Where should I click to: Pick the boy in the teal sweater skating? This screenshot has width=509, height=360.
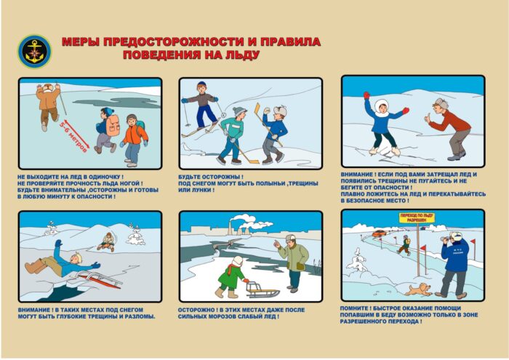pos(234,135)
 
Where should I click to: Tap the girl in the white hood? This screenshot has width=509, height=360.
pos(382,120)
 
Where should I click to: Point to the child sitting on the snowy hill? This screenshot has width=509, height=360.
pos(108,242)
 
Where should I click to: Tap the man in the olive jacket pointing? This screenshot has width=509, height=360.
pos(294,260)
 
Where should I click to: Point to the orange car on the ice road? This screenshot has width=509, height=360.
pos(379,234)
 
